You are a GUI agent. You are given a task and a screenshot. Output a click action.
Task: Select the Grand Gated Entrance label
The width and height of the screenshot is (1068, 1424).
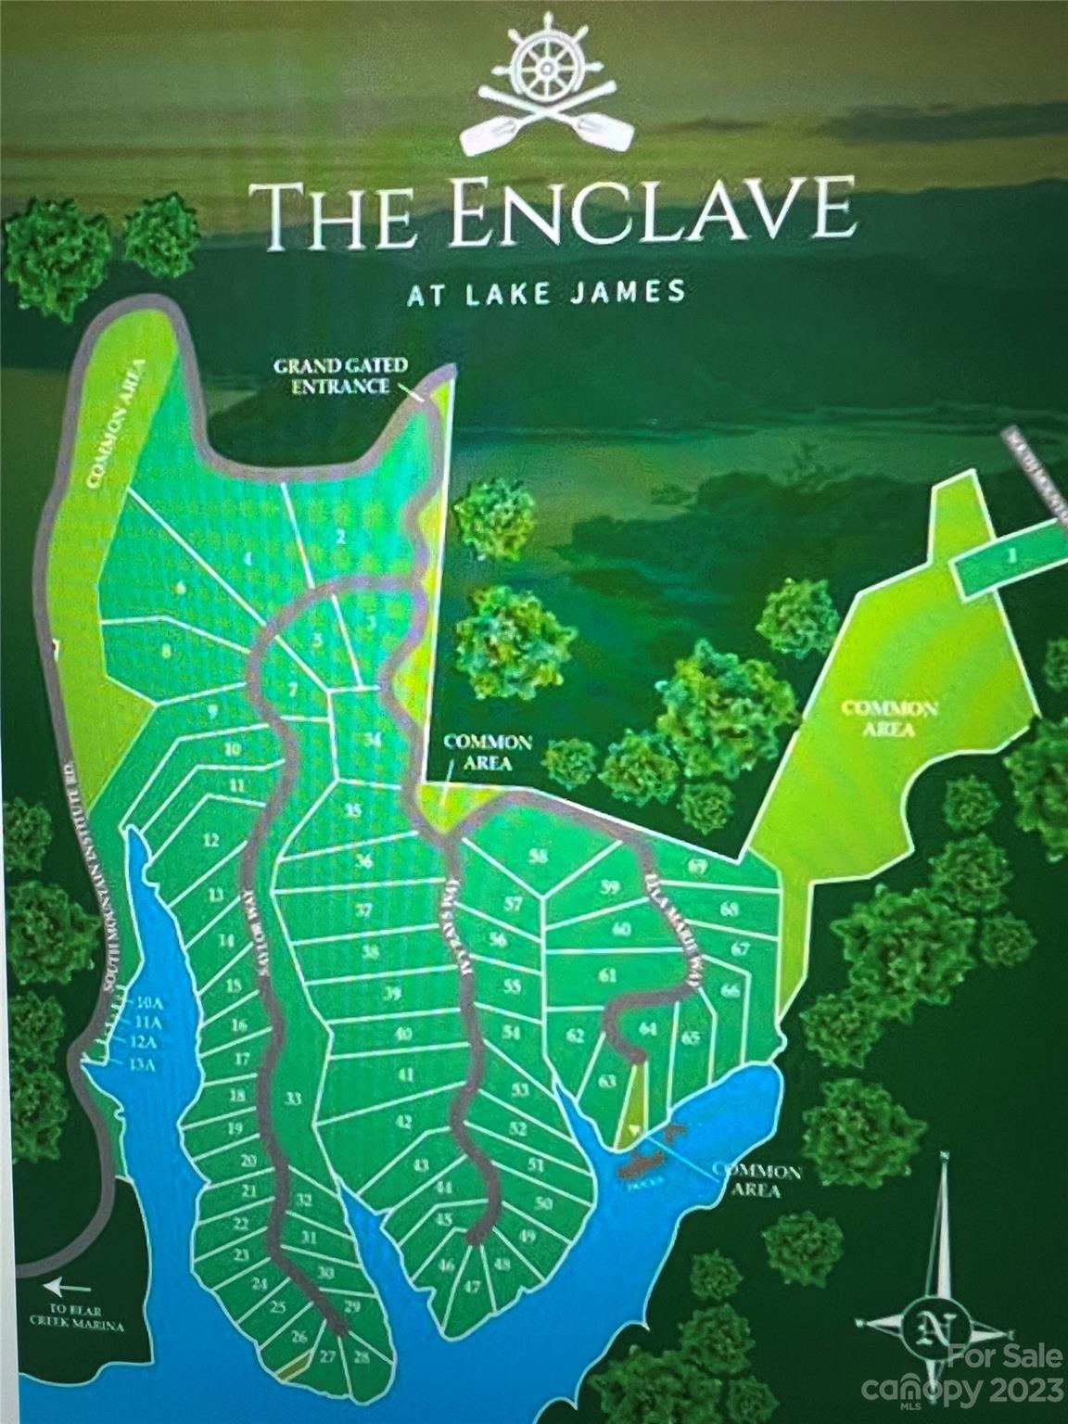[339, 375]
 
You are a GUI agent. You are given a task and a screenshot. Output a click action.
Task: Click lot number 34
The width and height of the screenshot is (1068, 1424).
[373, 739]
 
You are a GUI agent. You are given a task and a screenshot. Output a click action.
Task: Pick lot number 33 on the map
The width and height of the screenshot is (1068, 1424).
[294, 1100]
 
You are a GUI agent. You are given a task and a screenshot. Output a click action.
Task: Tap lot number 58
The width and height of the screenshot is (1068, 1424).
[538, 856]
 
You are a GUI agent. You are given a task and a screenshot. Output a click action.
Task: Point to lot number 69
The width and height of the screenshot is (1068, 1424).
[724, 867]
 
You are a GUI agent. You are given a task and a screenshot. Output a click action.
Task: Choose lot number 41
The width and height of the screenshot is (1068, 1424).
[404, 1074]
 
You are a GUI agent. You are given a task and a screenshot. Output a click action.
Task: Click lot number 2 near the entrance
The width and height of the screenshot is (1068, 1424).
[340, 536]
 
